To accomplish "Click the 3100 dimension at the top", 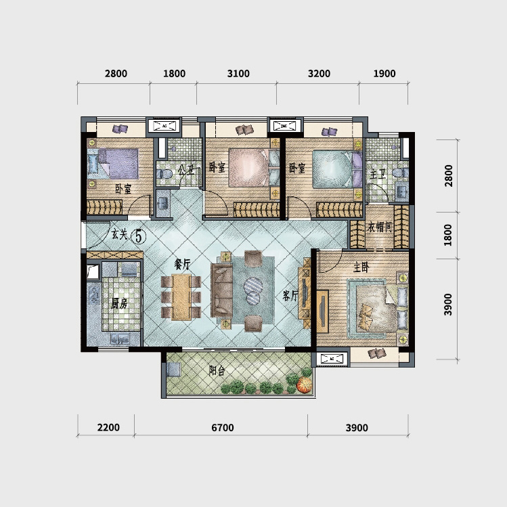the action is click(238, 74).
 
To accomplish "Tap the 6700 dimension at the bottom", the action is click(223, 428).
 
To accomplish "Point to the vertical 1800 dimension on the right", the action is click(448, 235).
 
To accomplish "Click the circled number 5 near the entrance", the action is click(139, 236).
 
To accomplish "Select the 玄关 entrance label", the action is click(119, 234).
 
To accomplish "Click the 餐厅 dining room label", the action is click(182, 265).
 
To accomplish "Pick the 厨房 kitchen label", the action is click(119, 304).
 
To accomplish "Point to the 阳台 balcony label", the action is click(217, 370).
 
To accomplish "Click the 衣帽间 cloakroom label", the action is click(380, 227).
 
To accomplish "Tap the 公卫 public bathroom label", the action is click(187, 169).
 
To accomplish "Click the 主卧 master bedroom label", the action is click(361, 267).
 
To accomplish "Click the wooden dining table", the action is click(181, 297).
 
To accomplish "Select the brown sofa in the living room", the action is click(221, 290).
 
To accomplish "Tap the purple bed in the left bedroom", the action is click(118, 164).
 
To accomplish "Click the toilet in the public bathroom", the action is click(164, 174).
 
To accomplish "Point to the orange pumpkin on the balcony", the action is click(304, 384).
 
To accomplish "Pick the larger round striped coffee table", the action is click(253, 286).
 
